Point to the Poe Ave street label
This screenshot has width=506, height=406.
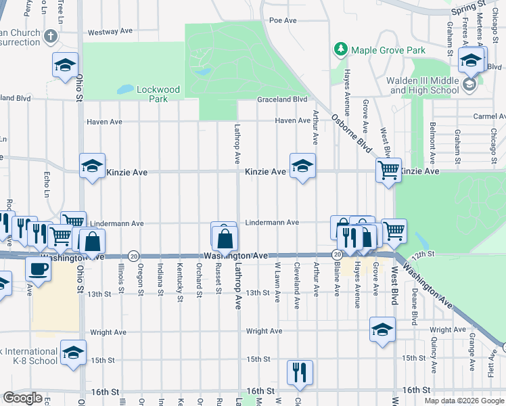(283, 20)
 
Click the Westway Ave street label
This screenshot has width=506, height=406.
(110, 31)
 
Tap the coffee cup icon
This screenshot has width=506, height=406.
(37, 268)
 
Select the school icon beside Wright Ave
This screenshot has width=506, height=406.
(382, 330)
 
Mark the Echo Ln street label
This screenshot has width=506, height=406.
(47, 184)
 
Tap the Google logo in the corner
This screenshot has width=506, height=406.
(22, 398)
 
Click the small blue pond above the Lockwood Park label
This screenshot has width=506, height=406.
(125, 89)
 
